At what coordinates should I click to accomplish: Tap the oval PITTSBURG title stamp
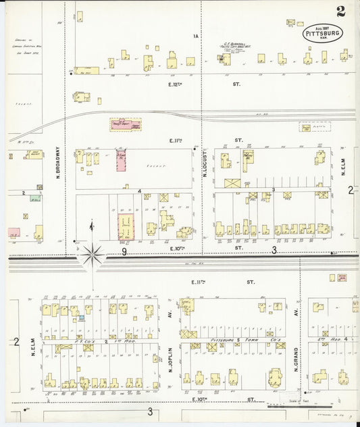pyautogui.click(x=323, y=33)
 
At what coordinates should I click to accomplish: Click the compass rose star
pyautogui.click(x=93, y=255)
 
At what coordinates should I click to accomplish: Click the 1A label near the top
pyautogui.click(x=197, y=36)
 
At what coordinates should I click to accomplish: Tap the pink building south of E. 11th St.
pyautogui.click(x=121, y=161)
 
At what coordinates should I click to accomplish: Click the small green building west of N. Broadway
pyautogui.click(x=34, y=199)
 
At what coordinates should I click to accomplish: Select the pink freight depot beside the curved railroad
pyautogui.click(x=125, y=124)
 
